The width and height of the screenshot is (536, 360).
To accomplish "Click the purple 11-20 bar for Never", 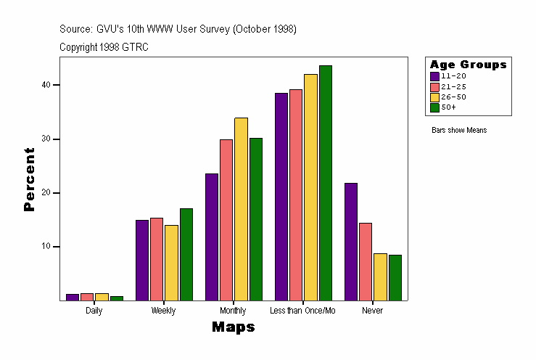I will pyautogui.click(x=350, y=242).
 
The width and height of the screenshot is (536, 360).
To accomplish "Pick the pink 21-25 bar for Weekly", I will pyautogui.click(x=157, y=259).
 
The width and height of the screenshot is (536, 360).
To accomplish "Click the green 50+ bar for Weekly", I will pyautogui.click(x=186, y=254).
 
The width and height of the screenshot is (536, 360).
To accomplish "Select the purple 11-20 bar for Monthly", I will pyautogui.click(x=212, y=237).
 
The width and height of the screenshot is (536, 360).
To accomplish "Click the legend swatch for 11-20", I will pyautogui.click(x=434, y=76).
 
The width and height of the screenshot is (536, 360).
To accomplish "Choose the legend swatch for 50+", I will pyautogui.click(x=434, y=107).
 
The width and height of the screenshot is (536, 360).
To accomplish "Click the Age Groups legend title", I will pyautogui.click(x=468, y=65).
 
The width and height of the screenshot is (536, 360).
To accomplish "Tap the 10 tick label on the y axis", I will pyautogui.click(x=46, y=247).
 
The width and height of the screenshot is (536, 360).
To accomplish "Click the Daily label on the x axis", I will pyautogui.click(x=94, y=311).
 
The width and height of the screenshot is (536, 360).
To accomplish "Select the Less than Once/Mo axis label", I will pyautogui.click(x=302, y=311).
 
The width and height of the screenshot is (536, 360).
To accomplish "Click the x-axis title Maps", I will pyautogui.click(x=233, y=327).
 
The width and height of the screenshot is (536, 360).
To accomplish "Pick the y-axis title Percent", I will pyautogui.click(x=29, y=179).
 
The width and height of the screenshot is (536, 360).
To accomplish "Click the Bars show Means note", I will pyautogui.click(x=459, y=131).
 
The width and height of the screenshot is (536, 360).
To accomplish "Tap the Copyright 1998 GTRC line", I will pyautogui.click(x=104, y=47).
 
